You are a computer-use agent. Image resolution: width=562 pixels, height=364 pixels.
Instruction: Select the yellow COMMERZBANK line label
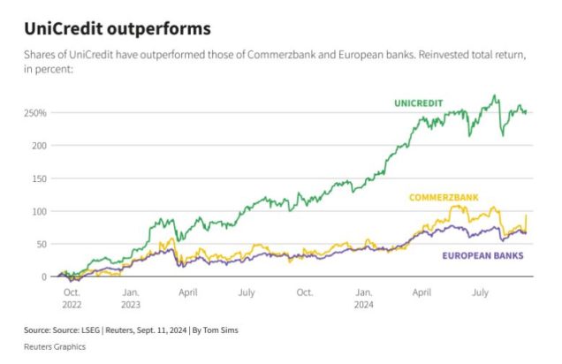pos(443,197)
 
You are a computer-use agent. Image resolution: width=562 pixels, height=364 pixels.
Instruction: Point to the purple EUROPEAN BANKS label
pos(481,255)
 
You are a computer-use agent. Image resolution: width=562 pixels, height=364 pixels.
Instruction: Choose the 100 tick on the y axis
pos(40,212)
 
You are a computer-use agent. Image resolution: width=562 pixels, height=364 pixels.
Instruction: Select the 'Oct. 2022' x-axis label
pos(72,296)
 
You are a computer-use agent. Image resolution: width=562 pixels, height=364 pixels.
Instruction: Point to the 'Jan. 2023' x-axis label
pos(130,296)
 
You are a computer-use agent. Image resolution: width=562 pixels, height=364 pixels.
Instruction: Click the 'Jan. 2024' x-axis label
pos(363,296)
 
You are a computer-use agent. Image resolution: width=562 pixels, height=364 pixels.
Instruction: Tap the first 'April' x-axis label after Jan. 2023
pos(188,290)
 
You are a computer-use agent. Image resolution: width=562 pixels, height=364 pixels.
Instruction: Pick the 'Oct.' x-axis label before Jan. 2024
pos(305,290)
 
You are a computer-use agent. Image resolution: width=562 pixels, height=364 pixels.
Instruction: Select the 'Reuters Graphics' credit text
pos(55,346)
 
